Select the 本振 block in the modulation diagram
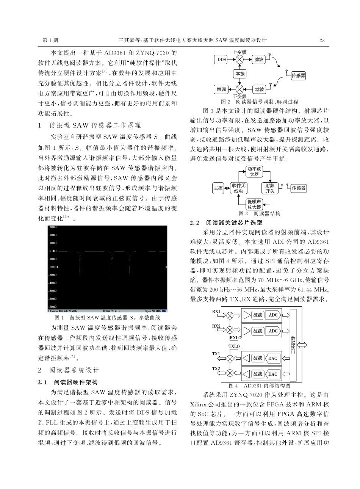pos(240,74)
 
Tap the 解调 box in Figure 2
pos(221,89)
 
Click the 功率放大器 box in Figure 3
pos(254,171)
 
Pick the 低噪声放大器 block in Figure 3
pos(254,204)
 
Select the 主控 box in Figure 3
pos(218,188)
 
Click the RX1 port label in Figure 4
pos(216,311)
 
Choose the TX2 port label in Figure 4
pos(216,368)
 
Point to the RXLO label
pos(235,338)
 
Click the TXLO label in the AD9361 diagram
pos(234,346)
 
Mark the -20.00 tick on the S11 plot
pos(53,267)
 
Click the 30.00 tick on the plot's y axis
pos(53,227)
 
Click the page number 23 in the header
pos(322,40)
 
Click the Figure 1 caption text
pos(108,317)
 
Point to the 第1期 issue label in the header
pos(50,40)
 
